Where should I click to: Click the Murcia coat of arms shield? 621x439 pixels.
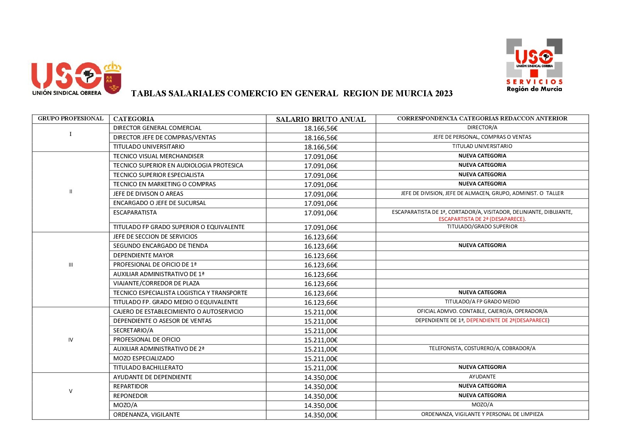coord(113,80)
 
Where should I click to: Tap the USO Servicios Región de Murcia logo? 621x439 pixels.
coord(534,65)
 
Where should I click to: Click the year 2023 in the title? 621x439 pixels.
coord(444,93)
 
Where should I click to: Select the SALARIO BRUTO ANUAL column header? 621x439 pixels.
coord(321,119)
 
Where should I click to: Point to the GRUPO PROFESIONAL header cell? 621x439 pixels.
coord(70,119)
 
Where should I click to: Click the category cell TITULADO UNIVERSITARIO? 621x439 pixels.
coord(149,147)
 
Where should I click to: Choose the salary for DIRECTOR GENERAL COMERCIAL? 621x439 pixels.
coord(321,129)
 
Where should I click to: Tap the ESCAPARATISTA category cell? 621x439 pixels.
coord(135,212)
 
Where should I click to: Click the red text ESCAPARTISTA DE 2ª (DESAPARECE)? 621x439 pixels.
coord(482,219)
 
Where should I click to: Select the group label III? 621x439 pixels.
coord(71,265)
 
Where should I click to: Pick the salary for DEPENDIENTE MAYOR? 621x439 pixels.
coord(321,256)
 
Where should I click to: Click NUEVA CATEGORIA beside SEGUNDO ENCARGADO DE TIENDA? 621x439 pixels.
coord(482,245)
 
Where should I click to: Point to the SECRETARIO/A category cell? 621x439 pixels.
coord(133,330)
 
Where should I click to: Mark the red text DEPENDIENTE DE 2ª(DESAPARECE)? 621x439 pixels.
coord(508,320)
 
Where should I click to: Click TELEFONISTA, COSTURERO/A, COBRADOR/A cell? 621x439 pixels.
coord(482,348)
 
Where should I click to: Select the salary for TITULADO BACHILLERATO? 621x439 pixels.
coord(321,368)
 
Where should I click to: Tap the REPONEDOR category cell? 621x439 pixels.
coord(130,396)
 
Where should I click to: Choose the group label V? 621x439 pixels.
coord(70,391)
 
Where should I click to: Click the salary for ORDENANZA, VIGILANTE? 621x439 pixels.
coord(321,415)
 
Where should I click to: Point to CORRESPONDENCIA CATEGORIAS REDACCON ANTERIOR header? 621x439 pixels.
coord(482,119)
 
